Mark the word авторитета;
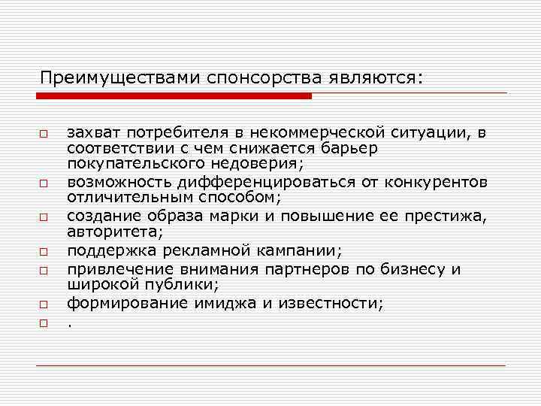114,233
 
